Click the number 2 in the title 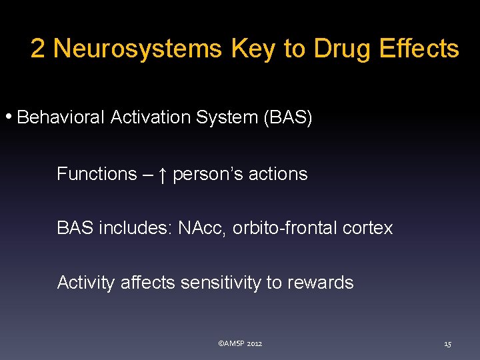click(38, 49)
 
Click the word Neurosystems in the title click(137, 49)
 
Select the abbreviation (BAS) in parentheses click(288, 118)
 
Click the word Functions click(97, 174)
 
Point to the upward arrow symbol click(163, 175)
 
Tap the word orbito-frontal click(285, 229)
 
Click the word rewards click(320, 283)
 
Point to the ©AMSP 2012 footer click(240, 343)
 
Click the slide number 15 click(447, 344)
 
